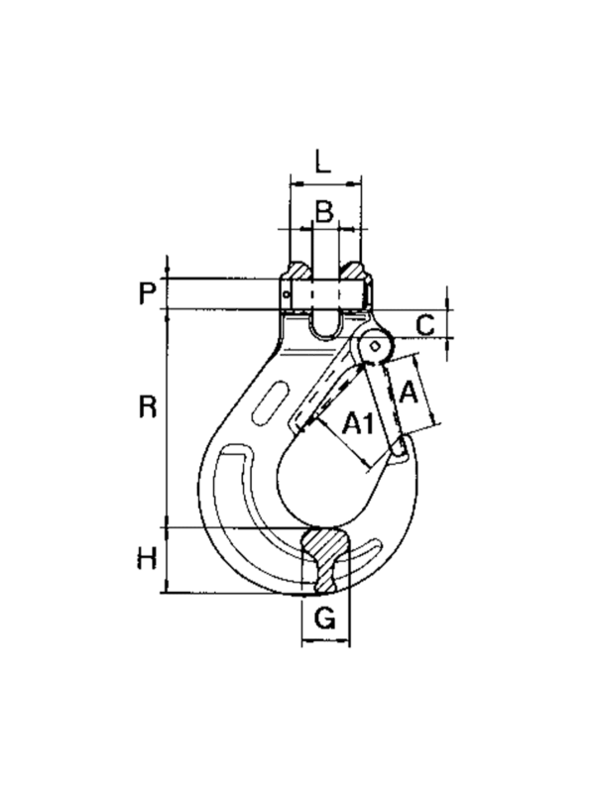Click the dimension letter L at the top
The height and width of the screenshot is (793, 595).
tap(321, 162)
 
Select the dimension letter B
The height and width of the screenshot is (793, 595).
tap(324, 211)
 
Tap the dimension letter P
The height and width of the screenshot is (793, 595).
tap(147, 293)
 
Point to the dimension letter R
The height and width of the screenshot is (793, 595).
tap(148, 407)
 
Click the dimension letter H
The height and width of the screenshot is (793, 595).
tap(147, 559)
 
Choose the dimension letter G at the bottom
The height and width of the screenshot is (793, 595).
tap(324, 618)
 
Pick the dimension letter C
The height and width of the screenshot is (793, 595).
tap(425, 325)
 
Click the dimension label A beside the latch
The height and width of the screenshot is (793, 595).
tap(409, 393)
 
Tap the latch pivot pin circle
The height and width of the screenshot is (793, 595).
tap(375, 346)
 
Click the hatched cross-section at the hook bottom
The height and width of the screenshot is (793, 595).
tap(324, 560)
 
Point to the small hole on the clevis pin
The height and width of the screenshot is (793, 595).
tap(287, 293)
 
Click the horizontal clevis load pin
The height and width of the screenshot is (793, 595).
tap(325, 293)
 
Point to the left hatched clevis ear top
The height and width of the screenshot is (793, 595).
tap(300, 271)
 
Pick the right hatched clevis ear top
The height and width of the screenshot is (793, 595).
tap(351, 271)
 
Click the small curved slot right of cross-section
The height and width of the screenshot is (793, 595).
tap(370, 552)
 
